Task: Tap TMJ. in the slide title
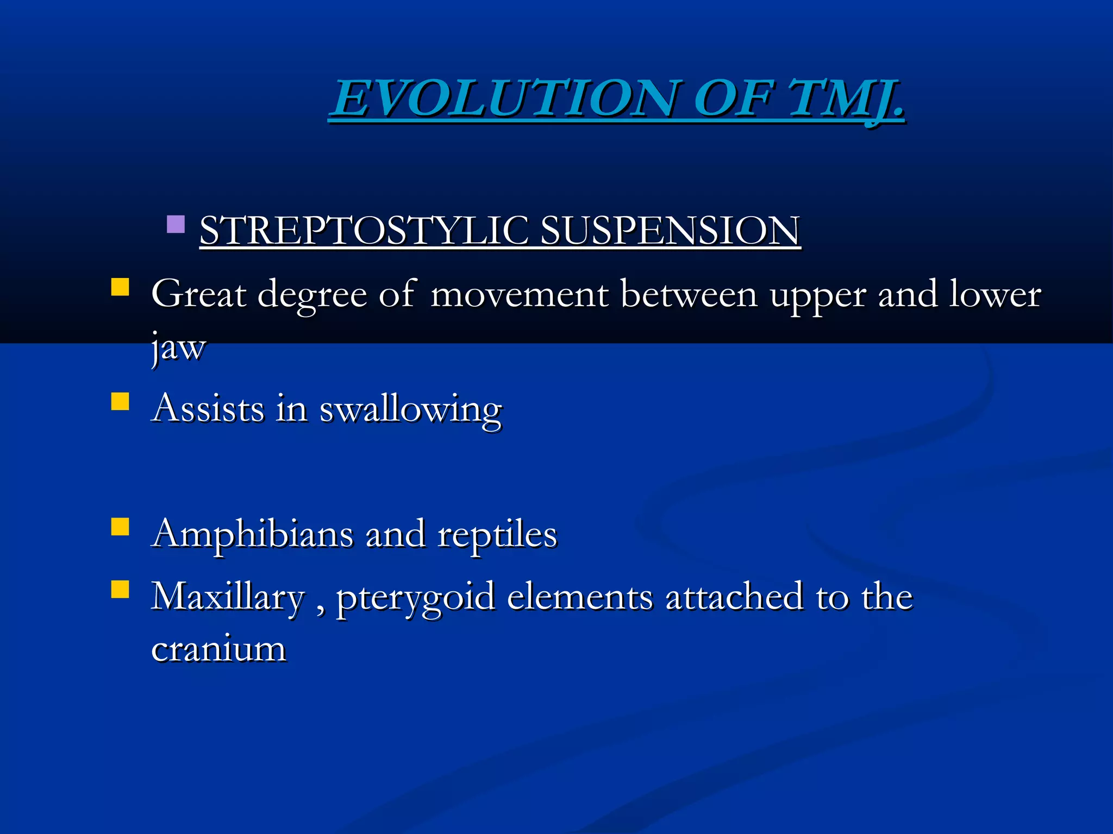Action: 846,98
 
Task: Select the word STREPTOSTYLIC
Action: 364,230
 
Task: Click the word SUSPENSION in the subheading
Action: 670,230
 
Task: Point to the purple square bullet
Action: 176,224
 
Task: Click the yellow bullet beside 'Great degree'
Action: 120,287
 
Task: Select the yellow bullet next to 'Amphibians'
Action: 120,527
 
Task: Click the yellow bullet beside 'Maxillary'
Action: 120,589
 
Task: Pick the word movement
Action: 519,294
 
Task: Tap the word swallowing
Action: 410,410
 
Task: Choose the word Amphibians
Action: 253,535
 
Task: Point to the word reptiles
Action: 497,535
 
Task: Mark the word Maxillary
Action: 228,597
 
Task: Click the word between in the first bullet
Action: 689,294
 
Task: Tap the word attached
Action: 734,597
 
